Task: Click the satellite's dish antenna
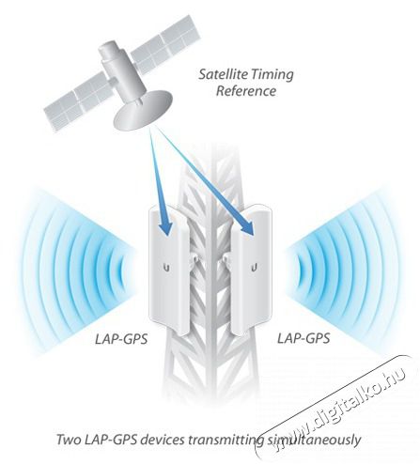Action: tap(144, 111)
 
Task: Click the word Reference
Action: tap(246, 91)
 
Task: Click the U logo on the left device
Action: tap(167, 268)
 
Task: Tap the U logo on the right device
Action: tap(255, 268)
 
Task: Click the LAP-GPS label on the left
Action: tap(121, 339)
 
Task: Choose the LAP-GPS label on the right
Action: tap(303, 338)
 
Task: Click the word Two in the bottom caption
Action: tap(69, 440)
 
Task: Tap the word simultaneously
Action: tap(314, 441)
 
